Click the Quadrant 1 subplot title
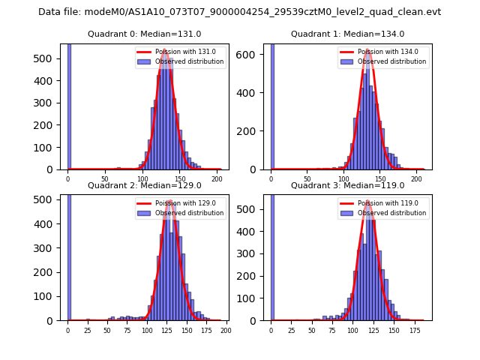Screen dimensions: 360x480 coord(347,34)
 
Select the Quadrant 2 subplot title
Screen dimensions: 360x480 coord(144,185)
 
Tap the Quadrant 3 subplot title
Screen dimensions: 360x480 coord(347,185)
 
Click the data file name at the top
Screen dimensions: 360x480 coord(239,12)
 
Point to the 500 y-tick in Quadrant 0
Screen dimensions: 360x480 coord(49,58)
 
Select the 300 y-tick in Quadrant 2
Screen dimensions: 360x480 coord(49,247)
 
